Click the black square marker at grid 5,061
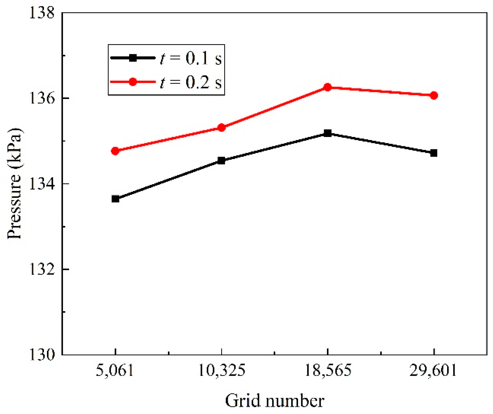pos(115,199)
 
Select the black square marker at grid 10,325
pos(221,160)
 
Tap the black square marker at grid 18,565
pos(327,133)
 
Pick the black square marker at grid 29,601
pos(433,153)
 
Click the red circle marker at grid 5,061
pos(115,151)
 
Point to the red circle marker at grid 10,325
pos(221,127)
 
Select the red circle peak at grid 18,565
pos(327,87)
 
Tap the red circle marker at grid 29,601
pos(433,95)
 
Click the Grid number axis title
pos(275,401)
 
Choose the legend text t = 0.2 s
pos(191,82)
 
